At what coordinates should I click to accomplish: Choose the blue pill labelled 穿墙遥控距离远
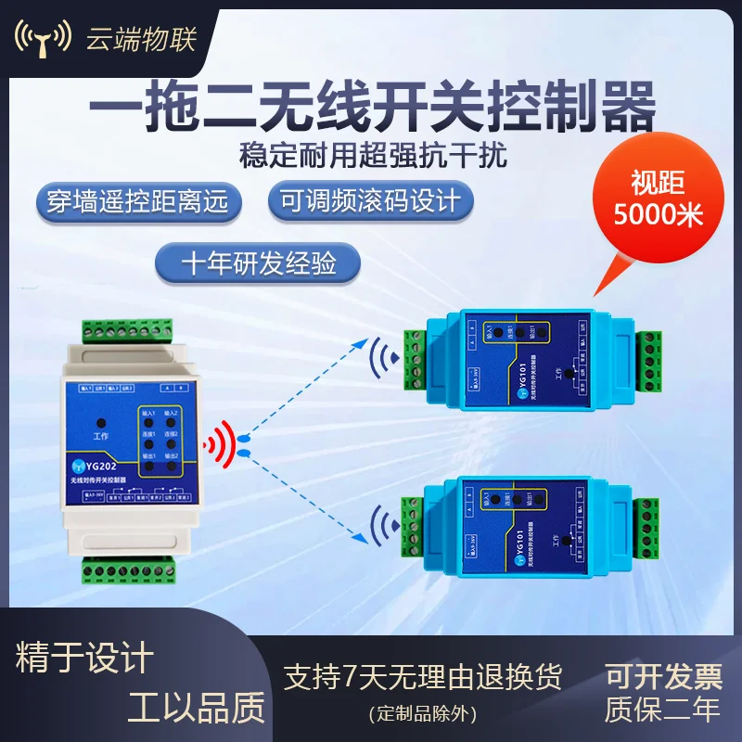tap(136, 201)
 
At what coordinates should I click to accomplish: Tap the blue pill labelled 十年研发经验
tap(259, 263)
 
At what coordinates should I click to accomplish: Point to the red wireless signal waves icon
tap(220, 442)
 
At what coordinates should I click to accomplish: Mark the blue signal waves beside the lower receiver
tap(382, 525)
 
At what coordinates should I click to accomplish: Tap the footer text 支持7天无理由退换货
tap(422, 675)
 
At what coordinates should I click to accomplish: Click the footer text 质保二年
tap(662, 710)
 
